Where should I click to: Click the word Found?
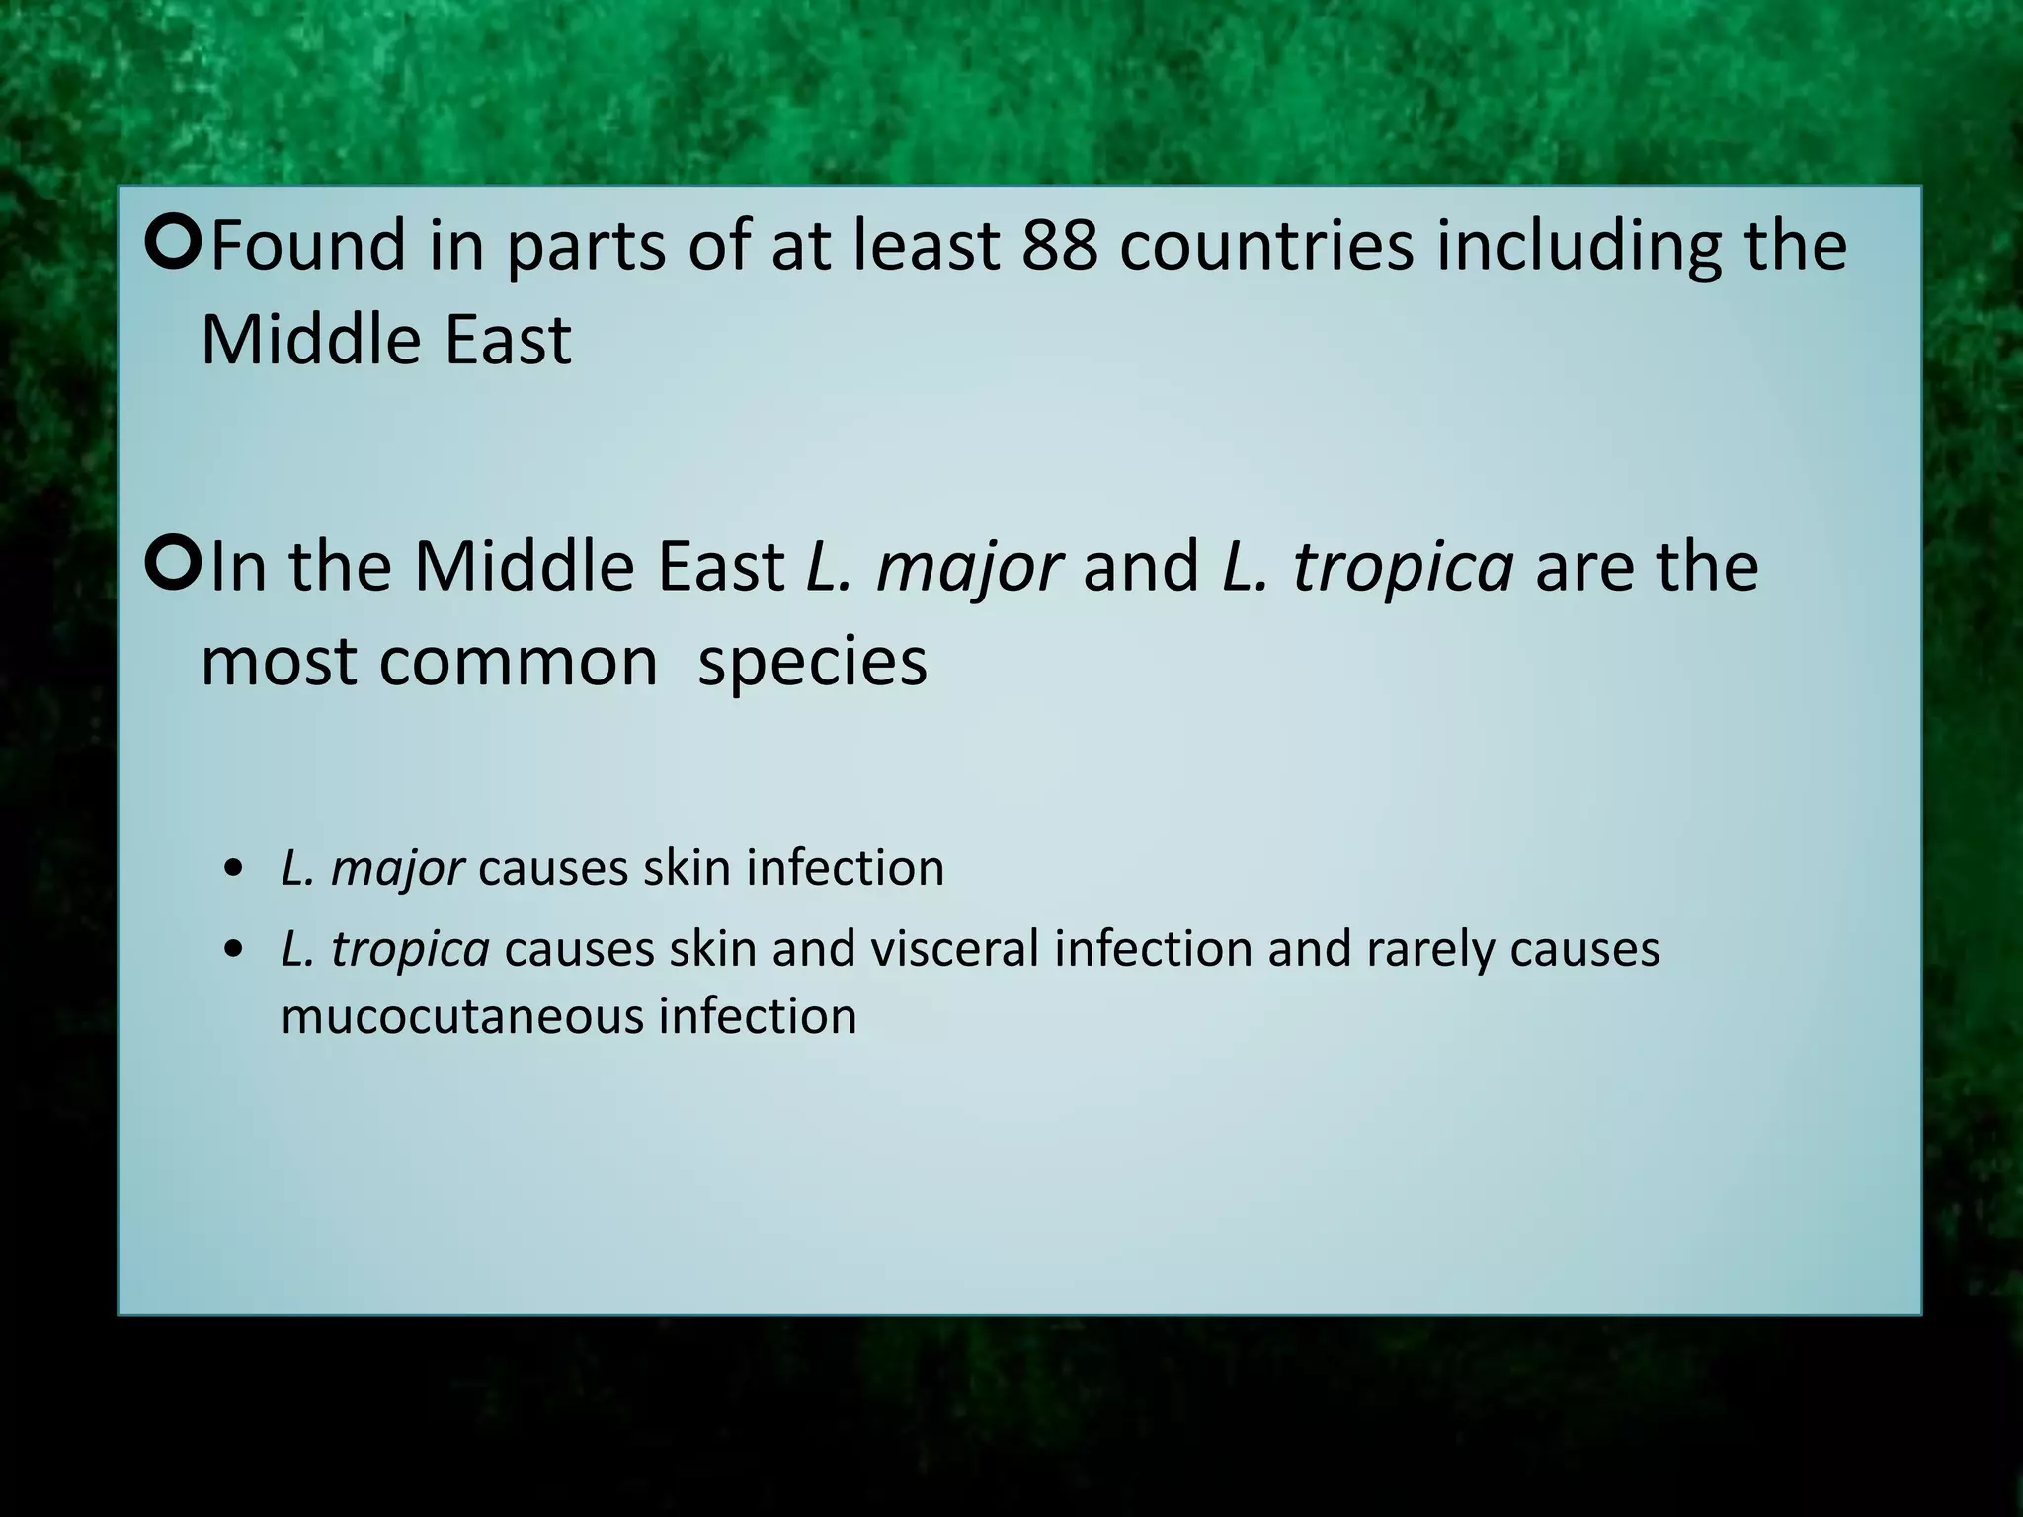click(308, 246)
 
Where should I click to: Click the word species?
click(812, 664)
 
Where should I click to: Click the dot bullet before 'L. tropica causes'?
click(233, 951)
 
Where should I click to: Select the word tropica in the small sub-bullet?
click(410, 950)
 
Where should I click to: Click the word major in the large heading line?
click(969, 569)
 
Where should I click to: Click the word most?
click(279, 662)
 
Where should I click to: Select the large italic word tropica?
click(1403, 569)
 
